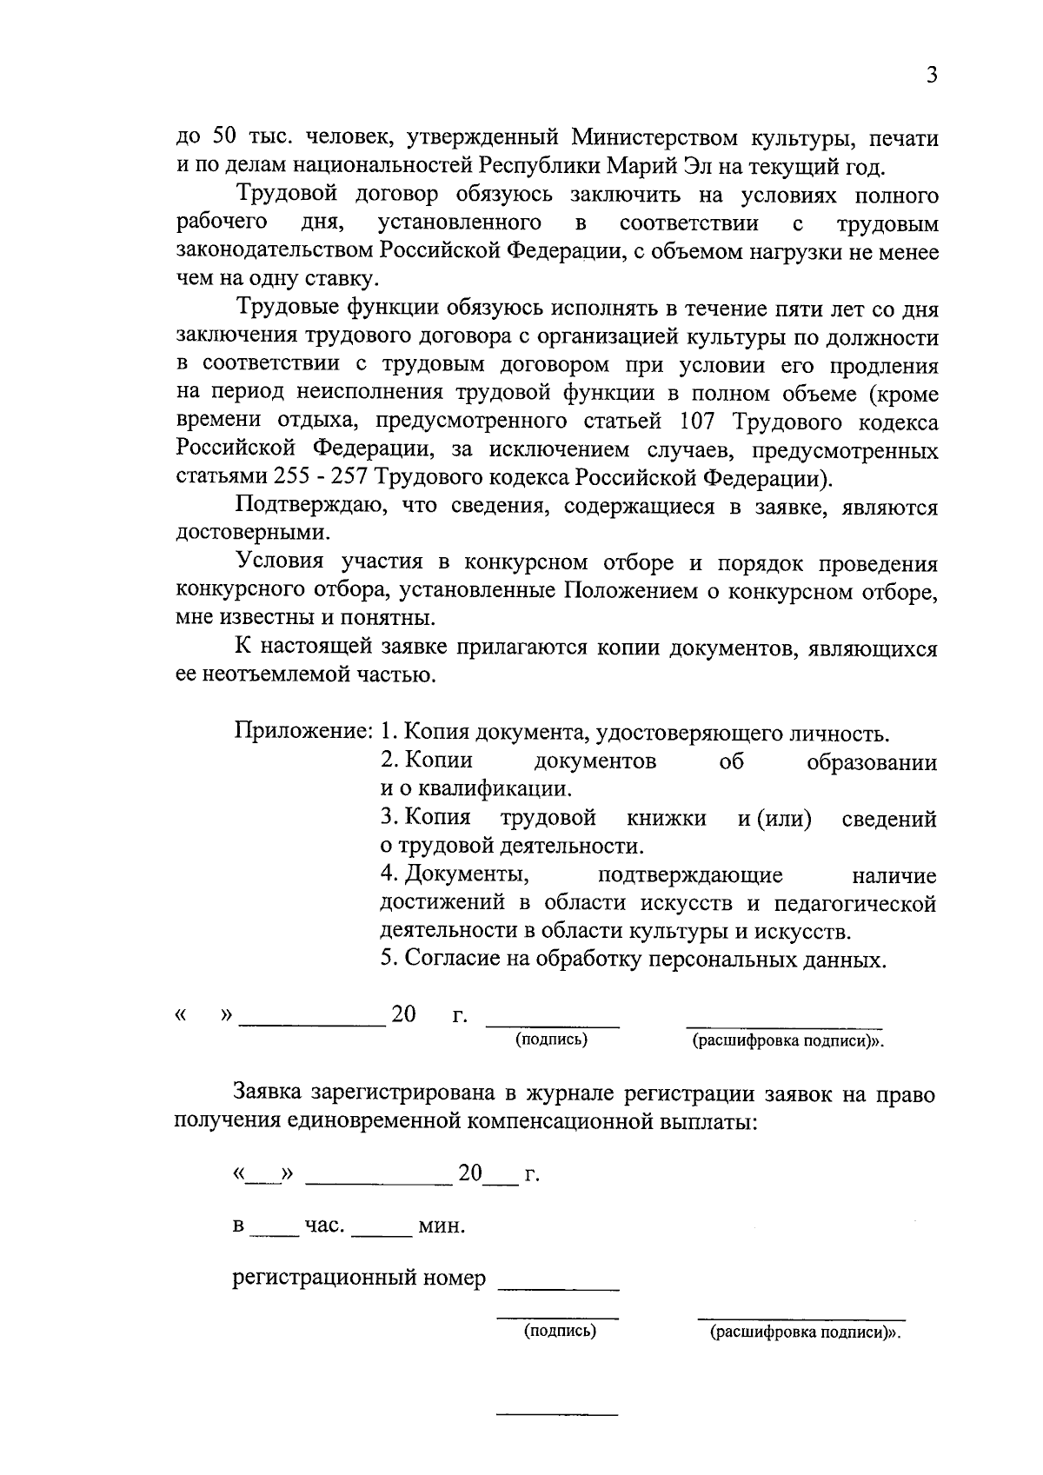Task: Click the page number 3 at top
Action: (932, 76)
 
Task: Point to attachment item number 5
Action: (389, 960)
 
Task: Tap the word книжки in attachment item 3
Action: (666, 819)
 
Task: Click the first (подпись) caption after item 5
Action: (551, 1040)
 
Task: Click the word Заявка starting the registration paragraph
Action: (269, 1095)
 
